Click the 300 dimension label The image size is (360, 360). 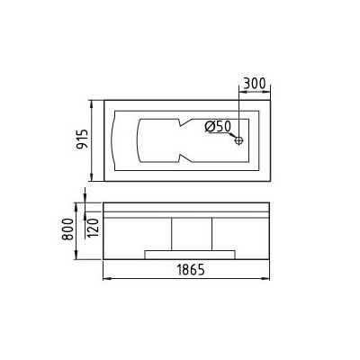[x=256, y=82]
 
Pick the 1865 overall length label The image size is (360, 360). [x=189, y=269]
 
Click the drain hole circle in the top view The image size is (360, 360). [x=239, y=139]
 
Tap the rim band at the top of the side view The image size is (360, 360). [x=189, y=207]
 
